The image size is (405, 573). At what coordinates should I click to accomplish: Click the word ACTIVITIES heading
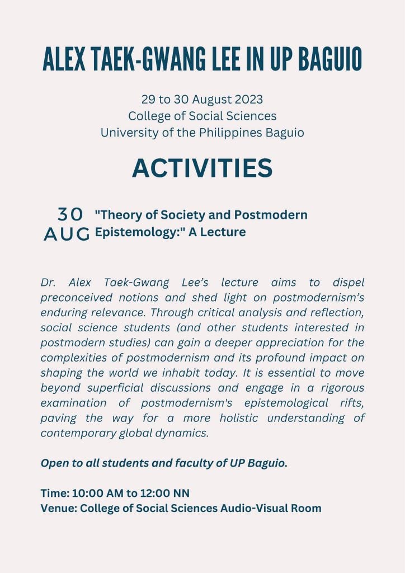click(202, 168)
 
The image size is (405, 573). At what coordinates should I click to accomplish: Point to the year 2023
click(247, 100)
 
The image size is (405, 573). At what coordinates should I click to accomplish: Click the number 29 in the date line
click(148, 100)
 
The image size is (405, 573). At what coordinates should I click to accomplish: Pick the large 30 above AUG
click(70, 214)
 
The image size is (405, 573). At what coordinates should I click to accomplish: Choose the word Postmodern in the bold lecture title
click(277, 215)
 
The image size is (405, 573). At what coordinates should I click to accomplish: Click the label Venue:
click(58, 508)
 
